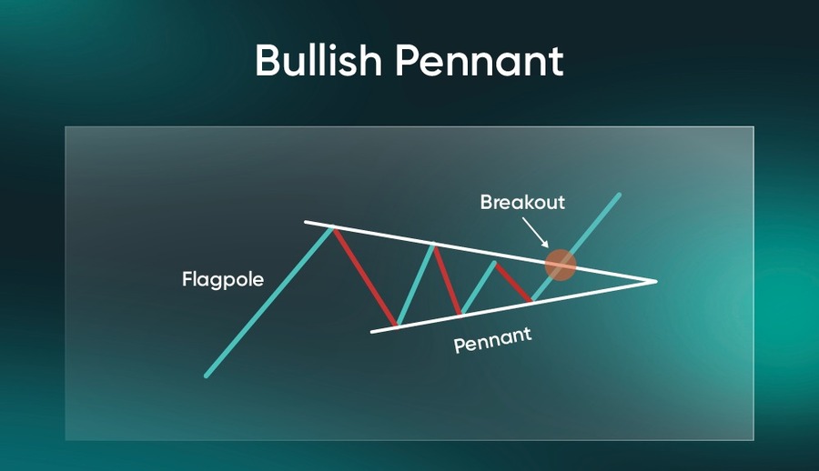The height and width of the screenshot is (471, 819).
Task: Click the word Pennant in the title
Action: (x=479, y=61)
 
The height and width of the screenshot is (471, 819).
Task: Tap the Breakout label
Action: (x=522, y=202)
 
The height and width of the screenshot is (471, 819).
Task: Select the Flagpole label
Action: (x=223, y=280)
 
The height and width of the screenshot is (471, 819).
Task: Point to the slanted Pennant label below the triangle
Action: (x=492, y=340)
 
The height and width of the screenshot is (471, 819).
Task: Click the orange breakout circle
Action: (x=561, y=265)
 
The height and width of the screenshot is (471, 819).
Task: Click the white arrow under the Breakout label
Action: (x=535, y=233)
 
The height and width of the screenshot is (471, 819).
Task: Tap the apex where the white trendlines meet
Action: (x=656, y=282)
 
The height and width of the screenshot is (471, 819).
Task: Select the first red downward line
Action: (x=365, y=276)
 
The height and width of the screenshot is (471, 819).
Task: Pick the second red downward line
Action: (x=447, y=280)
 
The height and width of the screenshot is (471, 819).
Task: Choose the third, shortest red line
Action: (x=513, y=283)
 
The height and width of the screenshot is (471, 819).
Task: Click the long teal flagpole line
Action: (x=269, y=301)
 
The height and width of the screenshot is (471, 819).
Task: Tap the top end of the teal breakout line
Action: (x=619, y=195)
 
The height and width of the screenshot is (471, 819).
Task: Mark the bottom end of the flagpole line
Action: (x=207, y=375)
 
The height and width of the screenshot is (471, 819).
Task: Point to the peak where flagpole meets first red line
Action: (x=332, y=227)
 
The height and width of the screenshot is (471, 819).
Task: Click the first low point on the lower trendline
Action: (x=397, y=326)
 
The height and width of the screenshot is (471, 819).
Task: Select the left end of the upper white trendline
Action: (x=306, y=222)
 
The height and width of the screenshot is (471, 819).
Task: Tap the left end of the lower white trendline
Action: (x=371, y=332)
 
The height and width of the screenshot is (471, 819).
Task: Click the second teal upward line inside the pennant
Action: (x=478, y=288)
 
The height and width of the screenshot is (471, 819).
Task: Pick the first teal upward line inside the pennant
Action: (x=415, y=286)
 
